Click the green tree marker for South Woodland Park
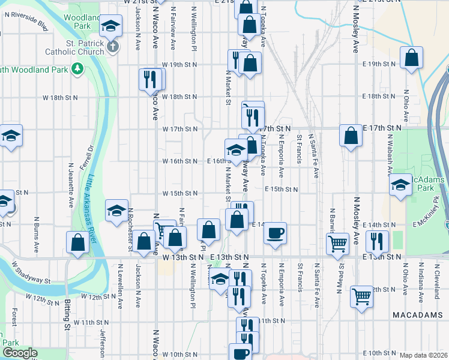[77, 70]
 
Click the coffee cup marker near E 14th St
[276, 232]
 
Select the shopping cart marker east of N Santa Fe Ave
[338, 243]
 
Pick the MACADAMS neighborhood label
[414, 314]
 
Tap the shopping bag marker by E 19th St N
[411, 58]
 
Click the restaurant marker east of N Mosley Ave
[378, 241]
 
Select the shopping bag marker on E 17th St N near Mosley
[351, 136]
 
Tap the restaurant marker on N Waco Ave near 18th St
[150, 79]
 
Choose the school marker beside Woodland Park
[110, 27]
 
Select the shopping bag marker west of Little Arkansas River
[78, 243]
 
